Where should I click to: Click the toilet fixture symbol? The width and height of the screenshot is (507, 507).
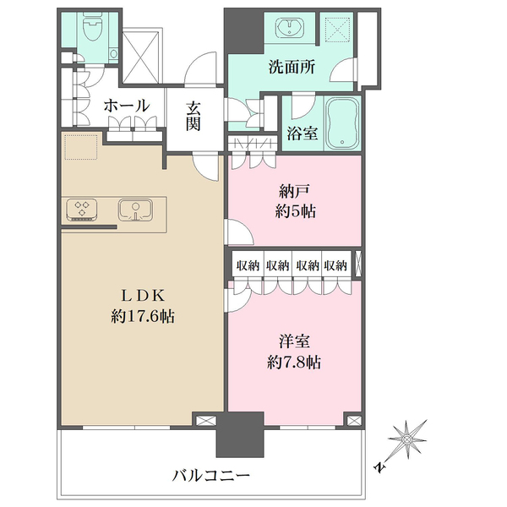[x=93, y=27]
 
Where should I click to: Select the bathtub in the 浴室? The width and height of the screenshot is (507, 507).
[x=342, y=123]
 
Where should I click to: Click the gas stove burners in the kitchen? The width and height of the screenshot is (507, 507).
[x=82, y=210]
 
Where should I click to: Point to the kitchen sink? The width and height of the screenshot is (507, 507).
[x=135, y=210]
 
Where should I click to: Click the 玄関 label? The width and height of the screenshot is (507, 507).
[x=193, y=117]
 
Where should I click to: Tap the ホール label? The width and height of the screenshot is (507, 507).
[x=127, y=106]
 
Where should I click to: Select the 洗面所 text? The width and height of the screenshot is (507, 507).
[x=292, y=68]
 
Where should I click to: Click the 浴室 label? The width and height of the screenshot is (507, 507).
[x=303, y=134]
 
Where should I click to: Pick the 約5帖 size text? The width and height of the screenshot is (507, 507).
[x=296, y=212]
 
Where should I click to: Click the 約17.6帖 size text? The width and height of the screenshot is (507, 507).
[x=143, y=316]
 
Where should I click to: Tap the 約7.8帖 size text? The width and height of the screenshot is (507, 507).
[x=294, y=363]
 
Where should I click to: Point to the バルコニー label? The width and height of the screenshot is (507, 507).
[x=211, y=476]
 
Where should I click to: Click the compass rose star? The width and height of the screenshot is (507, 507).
[x=407, y=439]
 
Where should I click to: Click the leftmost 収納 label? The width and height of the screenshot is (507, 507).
[x=248, y=266]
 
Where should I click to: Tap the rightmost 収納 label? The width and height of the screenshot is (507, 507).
[x=335, y=266]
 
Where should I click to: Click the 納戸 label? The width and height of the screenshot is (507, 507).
[x=295, y=192]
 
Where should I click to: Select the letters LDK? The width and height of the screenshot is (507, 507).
[x=143, y=295]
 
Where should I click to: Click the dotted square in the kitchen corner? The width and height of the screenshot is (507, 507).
[x=81, y=147]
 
